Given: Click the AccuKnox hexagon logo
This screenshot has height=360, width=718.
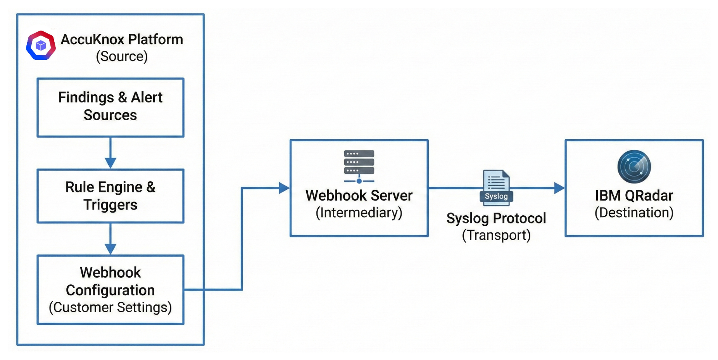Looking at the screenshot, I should click(41, 46).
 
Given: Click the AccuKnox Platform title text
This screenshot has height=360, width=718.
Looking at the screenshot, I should click(122, 39).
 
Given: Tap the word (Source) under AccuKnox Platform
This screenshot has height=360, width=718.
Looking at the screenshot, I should click(122, 57).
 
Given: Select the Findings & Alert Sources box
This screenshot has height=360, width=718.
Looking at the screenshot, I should click(110, 107).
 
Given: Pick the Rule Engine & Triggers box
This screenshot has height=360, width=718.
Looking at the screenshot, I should click(110, 196).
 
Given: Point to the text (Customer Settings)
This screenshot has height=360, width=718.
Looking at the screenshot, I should click(110, 307).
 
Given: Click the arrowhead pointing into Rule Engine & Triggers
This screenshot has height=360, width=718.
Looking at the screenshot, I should click(110, 163).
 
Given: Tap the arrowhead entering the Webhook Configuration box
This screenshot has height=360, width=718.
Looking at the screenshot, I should click(110, 249).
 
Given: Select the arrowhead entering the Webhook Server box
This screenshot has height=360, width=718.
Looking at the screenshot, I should click(284, 188).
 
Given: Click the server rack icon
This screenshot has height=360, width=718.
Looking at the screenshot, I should click(359, 166).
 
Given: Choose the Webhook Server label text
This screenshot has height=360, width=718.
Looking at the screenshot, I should click(359, 196).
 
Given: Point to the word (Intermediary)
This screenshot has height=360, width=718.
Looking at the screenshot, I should click(359, 213).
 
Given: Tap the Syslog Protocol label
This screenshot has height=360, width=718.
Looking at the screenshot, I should click(496, 218).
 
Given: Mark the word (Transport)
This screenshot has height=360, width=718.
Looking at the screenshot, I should click(496, 235).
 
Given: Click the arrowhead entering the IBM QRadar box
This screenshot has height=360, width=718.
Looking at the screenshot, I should click(559, 188).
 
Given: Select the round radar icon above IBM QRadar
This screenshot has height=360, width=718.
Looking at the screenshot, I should click(634, 167).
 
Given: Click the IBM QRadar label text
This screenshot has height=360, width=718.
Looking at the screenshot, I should click(634, 196).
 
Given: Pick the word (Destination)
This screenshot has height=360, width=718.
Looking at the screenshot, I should click(634, 213).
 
